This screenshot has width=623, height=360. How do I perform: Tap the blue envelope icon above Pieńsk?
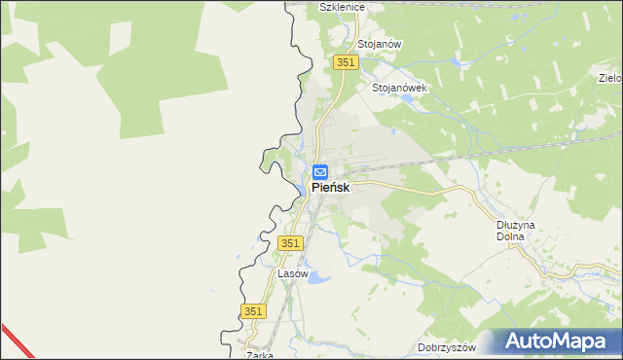coord(320,171)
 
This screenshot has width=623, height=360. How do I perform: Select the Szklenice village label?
coord(342,7)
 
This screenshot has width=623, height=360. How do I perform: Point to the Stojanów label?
coord(380,45)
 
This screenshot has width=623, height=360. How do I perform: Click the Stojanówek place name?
coord(400,87)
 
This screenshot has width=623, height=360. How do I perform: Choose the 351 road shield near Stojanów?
coord(346,61)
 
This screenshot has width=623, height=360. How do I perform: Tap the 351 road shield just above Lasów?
coord(290,241)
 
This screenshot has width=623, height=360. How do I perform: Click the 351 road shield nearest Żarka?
coord(253,310)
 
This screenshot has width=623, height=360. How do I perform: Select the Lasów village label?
coord(293,274)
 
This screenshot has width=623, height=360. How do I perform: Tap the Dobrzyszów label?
coord(446,347)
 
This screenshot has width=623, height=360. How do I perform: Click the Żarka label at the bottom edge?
coord(260,355)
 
